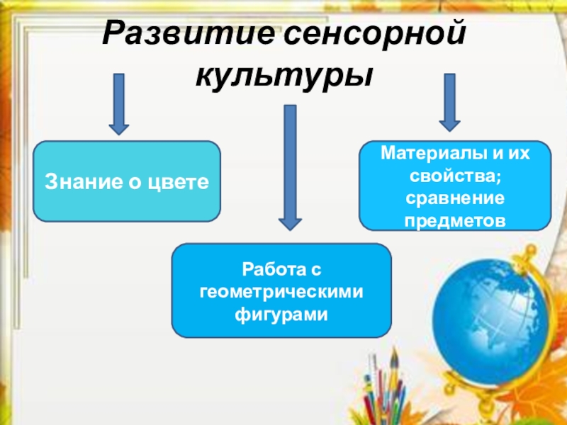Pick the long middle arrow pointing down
pos(288,166)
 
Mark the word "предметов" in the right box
pos(456,220)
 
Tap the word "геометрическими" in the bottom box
pos(281,291)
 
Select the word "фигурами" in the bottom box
pos(281,313)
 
